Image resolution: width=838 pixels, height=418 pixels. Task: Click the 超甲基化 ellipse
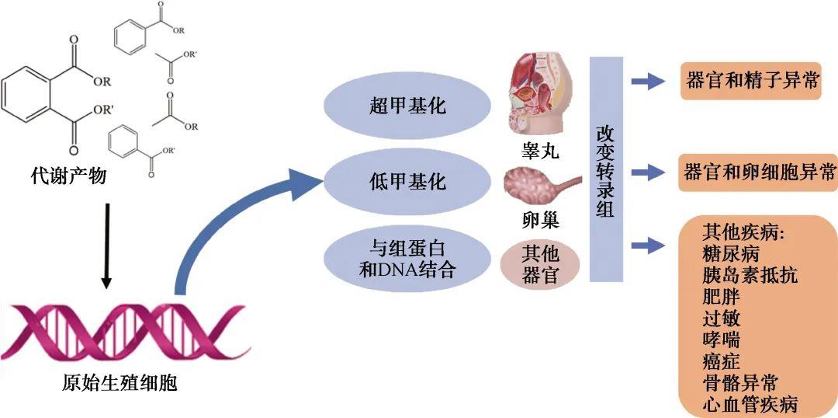click(x=407, y=106)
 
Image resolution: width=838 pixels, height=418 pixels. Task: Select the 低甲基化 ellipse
click(x=407, y=183)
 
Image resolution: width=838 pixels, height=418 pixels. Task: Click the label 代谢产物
click(x=68, y=178)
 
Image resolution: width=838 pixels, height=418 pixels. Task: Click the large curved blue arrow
click(x=233, y=225)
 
